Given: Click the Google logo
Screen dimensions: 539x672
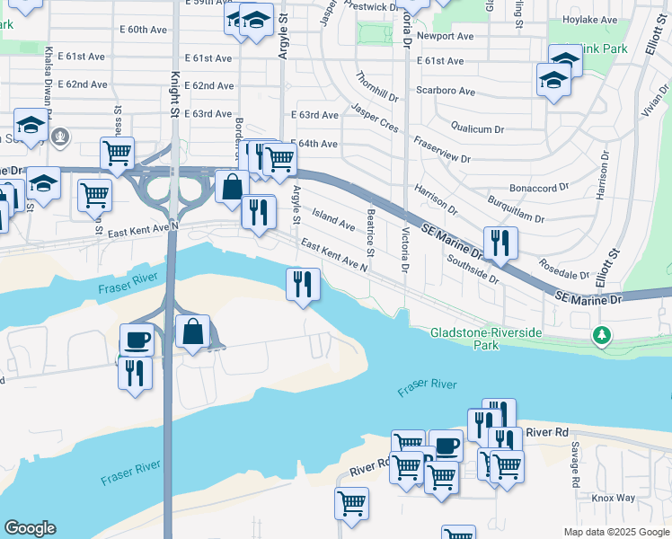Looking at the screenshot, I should point(30,528).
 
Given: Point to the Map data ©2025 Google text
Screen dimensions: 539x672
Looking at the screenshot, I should point(615,532).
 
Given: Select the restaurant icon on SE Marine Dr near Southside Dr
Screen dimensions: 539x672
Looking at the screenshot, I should point(500,242).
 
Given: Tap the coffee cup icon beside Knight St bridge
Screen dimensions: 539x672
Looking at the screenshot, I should point(137,340).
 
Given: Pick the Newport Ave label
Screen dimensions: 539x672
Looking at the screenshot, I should point(451,37).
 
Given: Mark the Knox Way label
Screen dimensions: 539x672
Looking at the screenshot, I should point(614,498).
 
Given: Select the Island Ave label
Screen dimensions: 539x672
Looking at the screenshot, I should point(332,216).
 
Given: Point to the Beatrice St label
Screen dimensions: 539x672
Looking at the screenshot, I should point(370,232).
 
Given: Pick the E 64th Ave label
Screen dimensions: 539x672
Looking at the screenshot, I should point(314,144).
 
